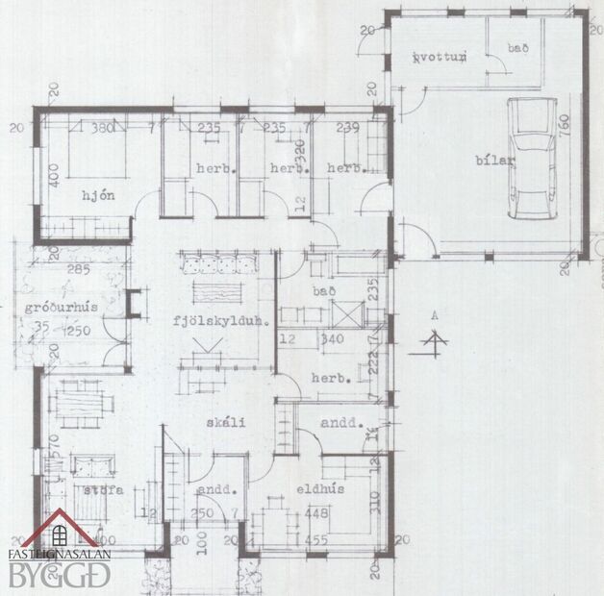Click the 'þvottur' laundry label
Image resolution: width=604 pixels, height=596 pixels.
coord(439,58)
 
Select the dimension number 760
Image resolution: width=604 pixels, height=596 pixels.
coord(563,125)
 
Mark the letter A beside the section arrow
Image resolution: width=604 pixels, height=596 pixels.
coord(435,314)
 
